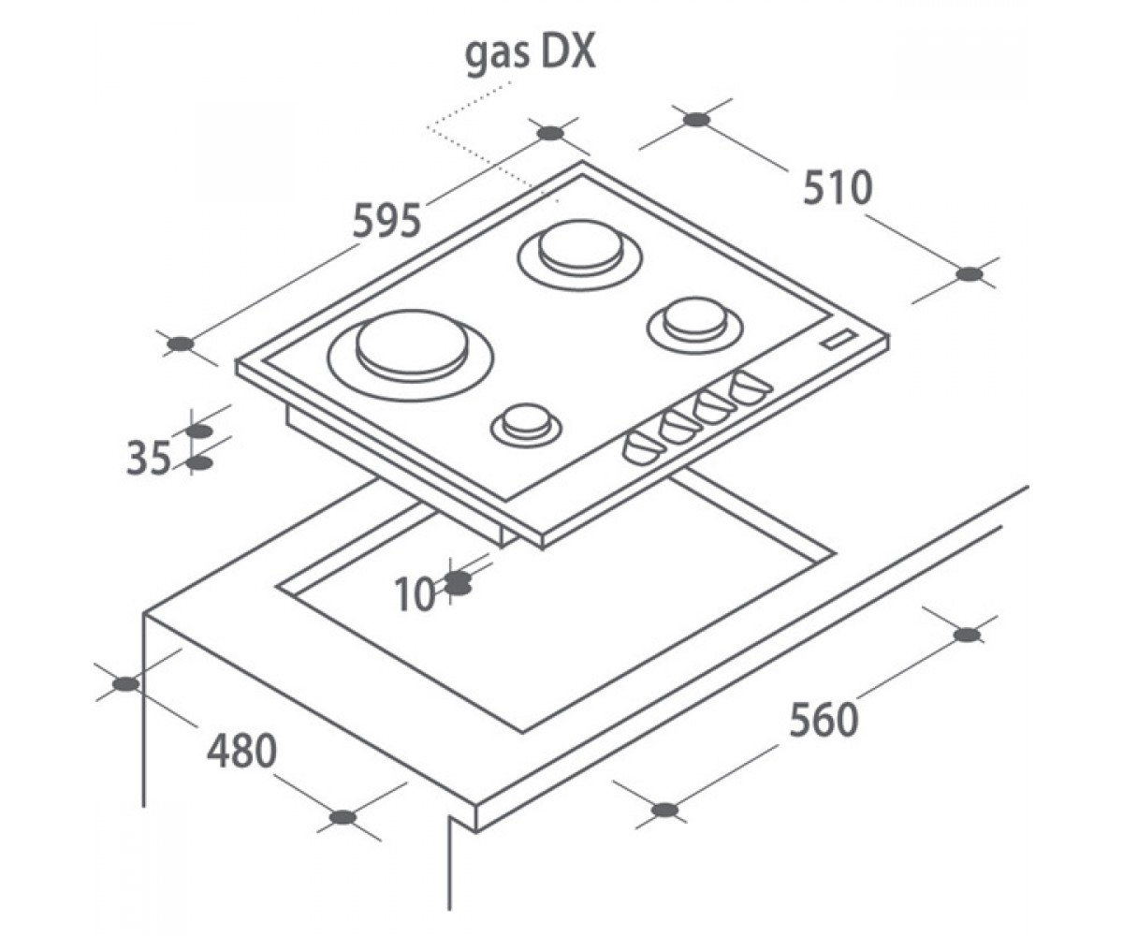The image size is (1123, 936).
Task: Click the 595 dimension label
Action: tap(386, 221)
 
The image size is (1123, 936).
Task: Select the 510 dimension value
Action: tap(838, 188)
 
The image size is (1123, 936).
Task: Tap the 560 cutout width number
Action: tap(824, 720)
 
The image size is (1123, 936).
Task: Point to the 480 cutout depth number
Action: tap(241, 751)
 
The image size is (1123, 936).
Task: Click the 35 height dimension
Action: tap(149, 459)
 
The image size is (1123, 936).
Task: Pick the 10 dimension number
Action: tap(415, 594)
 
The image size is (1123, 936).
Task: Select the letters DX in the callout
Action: tap(569, 53)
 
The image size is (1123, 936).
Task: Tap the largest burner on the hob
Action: tap(411, 355)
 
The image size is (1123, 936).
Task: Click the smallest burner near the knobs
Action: tap(527, 424)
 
